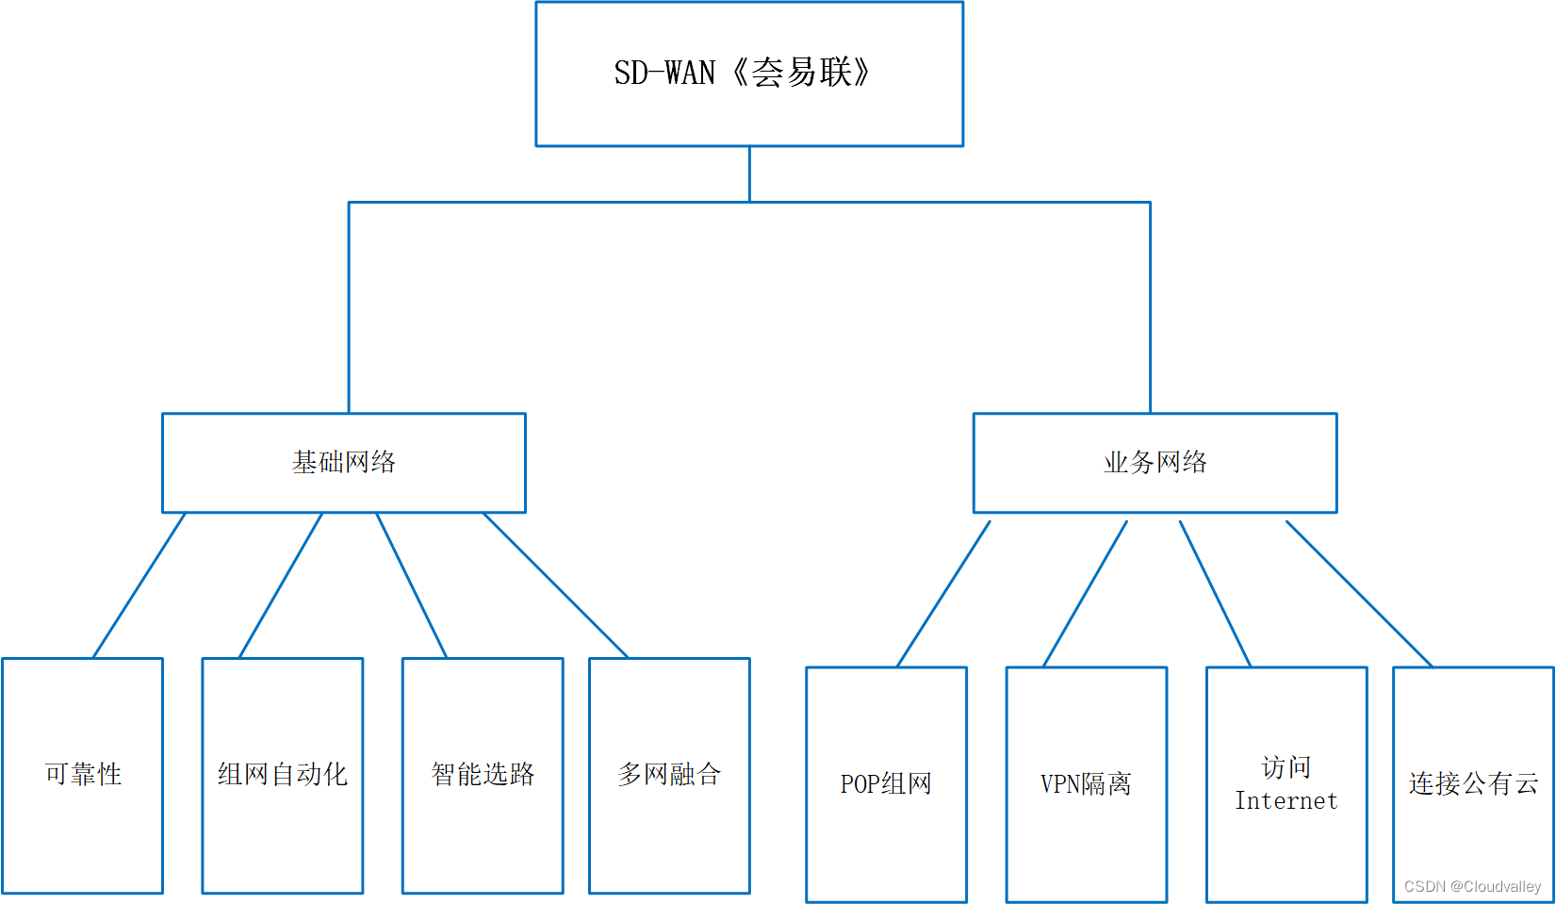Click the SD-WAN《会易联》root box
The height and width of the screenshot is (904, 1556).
click(x=749, y=74)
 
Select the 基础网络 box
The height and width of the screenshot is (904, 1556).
click(x=343, y=462)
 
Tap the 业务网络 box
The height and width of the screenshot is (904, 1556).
click(x=1155, y=462)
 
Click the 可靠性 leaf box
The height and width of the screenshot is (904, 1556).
click(x=83, y=775)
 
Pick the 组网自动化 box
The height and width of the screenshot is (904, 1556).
click(x=283, y=775)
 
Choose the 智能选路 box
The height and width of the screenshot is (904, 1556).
click(x=483, y=775)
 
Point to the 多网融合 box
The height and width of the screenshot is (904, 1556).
click(x=669, y=775)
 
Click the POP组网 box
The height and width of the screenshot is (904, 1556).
click(x=886, y=784)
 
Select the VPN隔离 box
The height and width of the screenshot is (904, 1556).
click(x=1086, y=784)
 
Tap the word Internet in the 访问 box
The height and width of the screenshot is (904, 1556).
click(x=1286, y=801)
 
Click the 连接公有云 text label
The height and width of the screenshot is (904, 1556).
click(x=1473, y=783)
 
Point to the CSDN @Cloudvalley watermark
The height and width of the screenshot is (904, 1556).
click(x=1472, y=887)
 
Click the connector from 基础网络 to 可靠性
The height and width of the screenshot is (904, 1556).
click(x=139, y=585)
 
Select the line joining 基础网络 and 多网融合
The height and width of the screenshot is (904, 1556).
click(x=556, y=585)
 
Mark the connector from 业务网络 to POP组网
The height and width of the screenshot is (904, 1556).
click(x=943, y=594)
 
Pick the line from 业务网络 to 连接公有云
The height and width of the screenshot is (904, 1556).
click(x=1359, y=594)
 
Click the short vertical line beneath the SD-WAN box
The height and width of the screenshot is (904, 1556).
click(x=749, y=174)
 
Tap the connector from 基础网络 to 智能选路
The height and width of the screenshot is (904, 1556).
click(x=412, y=585)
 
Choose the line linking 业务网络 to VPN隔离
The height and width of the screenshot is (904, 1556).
click(x=1086, y=594)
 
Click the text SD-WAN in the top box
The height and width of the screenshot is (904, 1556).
click(x=664, y=74)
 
